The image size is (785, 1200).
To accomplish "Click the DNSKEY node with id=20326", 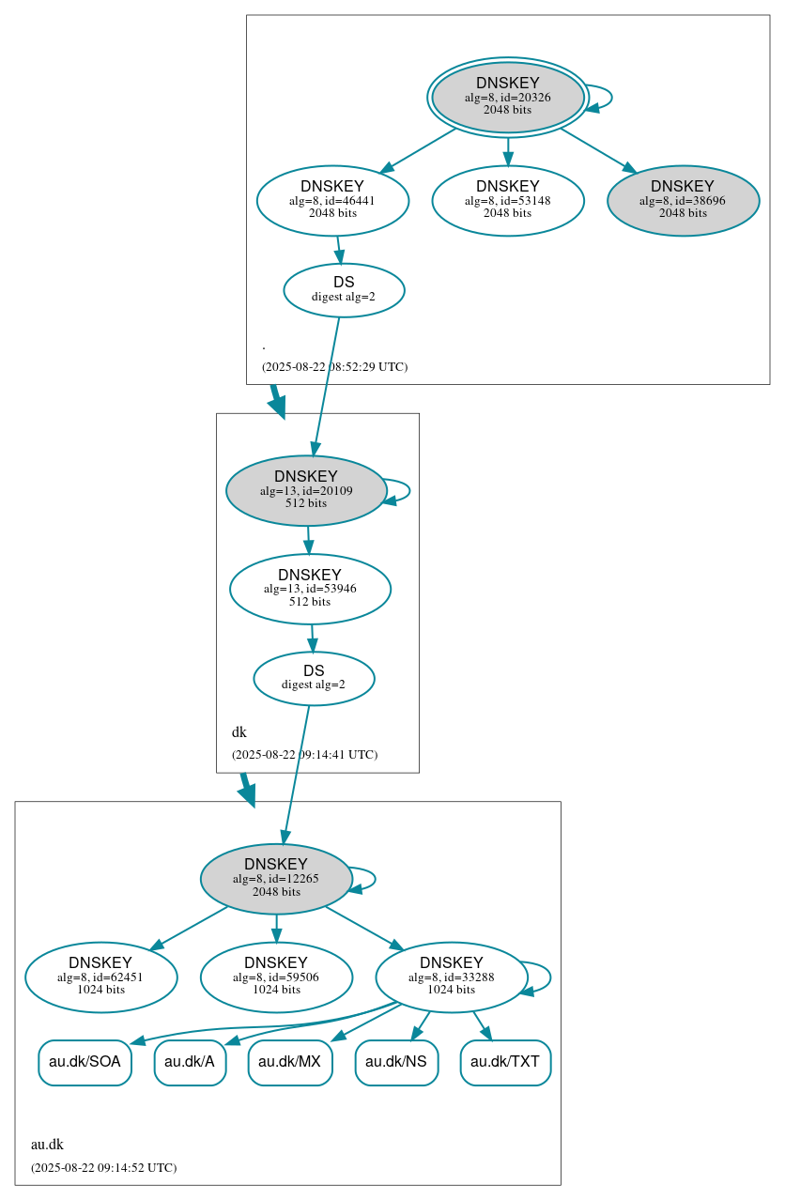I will [507, 97].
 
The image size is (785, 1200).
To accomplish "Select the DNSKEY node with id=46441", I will [332, 200].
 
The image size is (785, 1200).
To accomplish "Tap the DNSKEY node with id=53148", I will [508, 200].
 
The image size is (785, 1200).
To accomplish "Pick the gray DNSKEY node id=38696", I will [683, 200].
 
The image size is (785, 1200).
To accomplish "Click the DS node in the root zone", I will [344, 290].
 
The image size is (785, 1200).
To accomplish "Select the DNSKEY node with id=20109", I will [306, 490].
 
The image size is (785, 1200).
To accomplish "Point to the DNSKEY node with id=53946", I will [310, 589].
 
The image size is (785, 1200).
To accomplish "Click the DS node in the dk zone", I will [314, 678].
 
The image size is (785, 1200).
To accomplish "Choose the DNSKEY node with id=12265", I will [276, 879].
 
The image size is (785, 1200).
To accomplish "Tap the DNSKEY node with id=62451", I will [100, 977].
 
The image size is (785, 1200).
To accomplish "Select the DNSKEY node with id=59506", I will [276, 977].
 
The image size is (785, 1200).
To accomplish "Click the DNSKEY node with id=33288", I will [451, 977].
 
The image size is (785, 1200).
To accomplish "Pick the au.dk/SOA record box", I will [85, 1063].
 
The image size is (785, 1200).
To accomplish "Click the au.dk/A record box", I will [190, 1063].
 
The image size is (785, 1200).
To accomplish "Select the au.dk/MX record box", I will [290, 1063].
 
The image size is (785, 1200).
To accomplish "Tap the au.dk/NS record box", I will [396, 1063].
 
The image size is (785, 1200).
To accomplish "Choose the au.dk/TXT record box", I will [505, 1063].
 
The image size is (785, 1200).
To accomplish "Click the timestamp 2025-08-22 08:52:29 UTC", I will [334, 367].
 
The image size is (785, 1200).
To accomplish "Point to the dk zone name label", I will [239, 732].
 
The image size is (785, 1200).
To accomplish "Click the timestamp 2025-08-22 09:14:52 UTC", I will [103, 1168].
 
